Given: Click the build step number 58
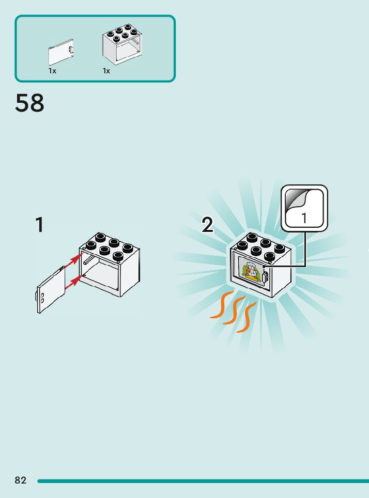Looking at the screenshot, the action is click(x=30, y=103).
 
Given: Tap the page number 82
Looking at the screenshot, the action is click(x=20, y=480).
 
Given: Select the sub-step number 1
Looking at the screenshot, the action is click(x=39, y=225).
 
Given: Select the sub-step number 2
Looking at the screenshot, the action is click(x=207, y=225).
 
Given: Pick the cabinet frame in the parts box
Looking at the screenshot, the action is click(x=122, y=44).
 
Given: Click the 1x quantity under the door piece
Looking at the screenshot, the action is click(x=52, y=71).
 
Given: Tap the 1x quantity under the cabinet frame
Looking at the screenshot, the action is click(x=106, y=71).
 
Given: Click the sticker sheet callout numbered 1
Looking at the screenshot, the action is click(x=304, y=209).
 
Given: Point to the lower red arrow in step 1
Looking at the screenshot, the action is click(x=73, y=281).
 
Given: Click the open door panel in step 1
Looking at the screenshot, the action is click(x=50, y=290).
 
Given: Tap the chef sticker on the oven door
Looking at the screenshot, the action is click(x=250, y=272).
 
